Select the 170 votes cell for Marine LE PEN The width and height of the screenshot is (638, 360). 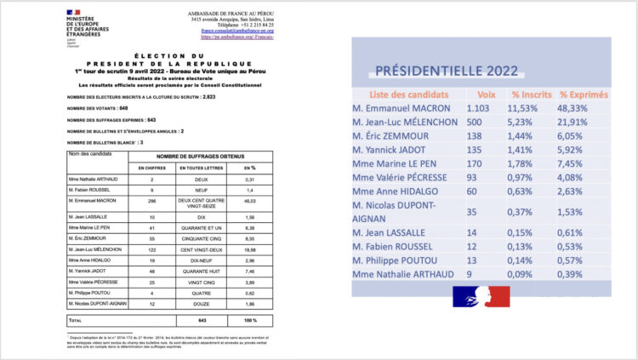(x=476, y=174)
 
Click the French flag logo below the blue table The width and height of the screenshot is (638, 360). (x=481, y=297)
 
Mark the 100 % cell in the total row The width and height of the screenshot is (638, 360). (x=249, y=320)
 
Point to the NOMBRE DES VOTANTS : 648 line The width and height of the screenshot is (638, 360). (x=97, y=109)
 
